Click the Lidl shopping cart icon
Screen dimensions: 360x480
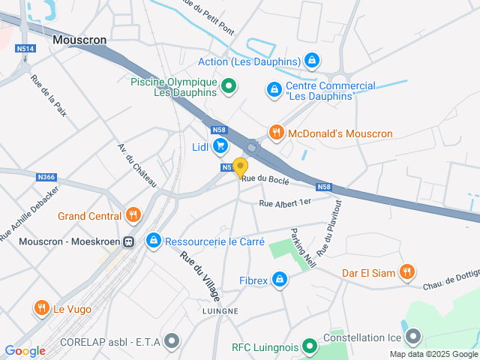click(x=220, y=146)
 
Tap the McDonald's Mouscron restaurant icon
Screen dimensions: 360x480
click(x=276, y=133)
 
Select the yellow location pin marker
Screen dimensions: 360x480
click(x=240, y=167)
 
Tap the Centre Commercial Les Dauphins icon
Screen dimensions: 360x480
click(x=275, y=90)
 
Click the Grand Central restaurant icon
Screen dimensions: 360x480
click(x=133, y=216)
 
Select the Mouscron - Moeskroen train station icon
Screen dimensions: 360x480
click(x=129, y=241)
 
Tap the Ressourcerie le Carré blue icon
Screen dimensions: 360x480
click(x=154, y=241)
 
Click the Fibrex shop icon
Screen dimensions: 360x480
click(x=280, y=280)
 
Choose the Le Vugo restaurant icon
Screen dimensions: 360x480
click(x=40, y=307)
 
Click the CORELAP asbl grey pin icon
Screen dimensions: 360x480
click(x=172, y=341)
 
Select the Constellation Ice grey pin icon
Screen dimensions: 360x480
click(x=412, y=337)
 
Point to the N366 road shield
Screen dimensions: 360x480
click(x=46, y=177)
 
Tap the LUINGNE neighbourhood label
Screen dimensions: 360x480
click(x=220, y=310)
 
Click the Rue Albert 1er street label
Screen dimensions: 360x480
click(x=284, y=202)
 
